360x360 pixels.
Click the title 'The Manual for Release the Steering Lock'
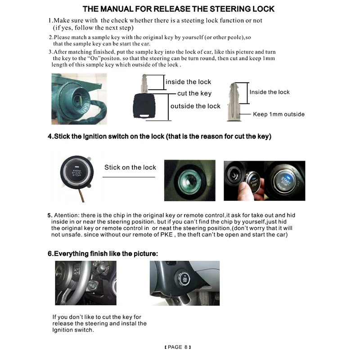178,9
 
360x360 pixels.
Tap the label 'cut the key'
194,94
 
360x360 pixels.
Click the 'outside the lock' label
195,106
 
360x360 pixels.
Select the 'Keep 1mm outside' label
279,114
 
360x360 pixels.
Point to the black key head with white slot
144,106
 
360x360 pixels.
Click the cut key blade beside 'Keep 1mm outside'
234,102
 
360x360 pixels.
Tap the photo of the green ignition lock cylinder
79,99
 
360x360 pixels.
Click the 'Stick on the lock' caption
130,167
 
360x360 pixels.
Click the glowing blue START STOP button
284,181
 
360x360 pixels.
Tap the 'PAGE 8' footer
178,347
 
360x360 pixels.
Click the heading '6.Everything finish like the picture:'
103,254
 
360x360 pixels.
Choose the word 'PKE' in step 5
166,234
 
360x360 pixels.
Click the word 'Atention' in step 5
67,216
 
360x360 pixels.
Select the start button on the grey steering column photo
184,279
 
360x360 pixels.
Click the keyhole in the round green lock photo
189,180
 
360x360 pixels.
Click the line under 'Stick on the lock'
129,177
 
